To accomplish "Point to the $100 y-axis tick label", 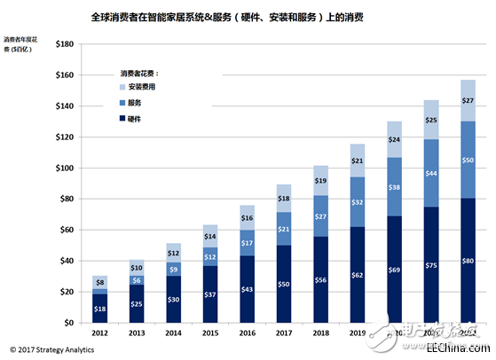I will point(63,168).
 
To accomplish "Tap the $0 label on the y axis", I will point(68,323).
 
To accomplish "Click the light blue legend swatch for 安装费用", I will point(122,88).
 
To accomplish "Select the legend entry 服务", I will point(136,103).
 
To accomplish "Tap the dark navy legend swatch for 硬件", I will point(122,118).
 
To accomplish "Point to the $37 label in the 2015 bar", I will point(209,293).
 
